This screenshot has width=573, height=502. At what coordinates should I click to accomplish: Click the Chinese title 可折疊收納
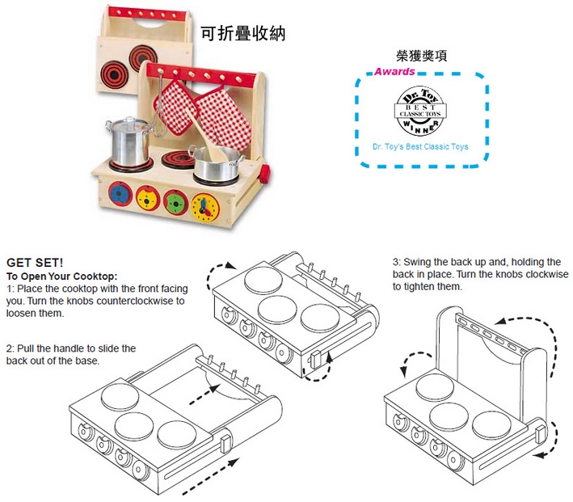(243, 33)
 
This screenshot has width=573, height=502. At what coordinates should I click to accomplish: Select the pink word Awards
(394, 71)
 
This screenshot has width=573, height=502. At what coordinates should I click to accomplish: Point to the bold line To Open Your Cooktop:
(62, 276)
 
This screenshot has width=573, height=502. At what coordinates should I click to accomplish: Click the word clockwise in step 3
(543, 274)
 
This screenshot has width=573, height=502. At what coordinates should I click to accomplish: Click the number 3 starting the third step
(396, 262)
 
